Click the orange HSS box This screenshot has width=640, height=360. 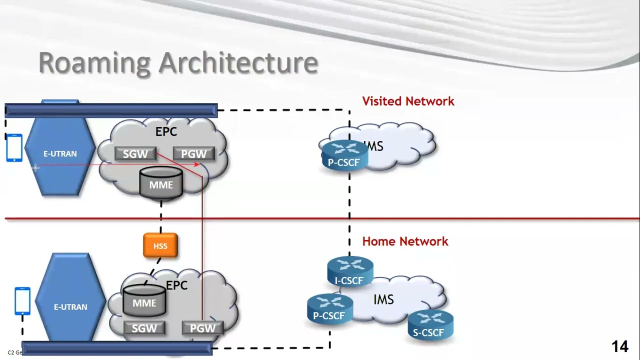(x=160, y=246)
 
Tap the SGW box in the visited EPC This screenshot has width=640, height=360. (x=135, y=154)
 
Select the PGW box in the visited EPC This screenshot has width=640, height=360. (x=194, y=154)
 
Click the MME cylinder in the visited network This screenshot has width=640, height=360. (x=161, y=184)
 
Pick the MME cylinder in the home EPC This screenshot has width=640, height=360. (x=144, y=301)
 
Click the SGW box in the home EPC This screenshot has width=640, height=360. (x=144, y=328)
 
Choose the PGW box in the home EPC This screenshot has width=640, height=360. (x=202, y=328)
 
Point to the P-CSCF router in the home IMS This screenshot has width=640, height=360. (x=329, y=308)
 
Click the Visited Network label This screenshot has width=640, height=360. (x=408, y=101)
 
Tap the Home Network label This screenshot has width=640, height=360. (x=405, y=241)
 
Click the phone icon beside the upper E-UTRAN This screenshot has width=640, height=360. (x=14, y=148)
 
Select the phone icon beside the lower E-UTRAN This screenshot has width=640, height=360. (x=22, y=301)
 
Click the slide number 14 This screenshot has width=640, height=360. (x=619, y=346)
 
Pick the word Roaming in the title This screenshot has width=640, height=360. (x=94, y=63)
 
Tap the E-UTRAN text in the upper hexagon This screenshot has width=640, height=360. (x=60, y=154)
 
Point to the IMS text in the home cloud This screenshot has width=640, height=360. (x=383, y=300)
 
